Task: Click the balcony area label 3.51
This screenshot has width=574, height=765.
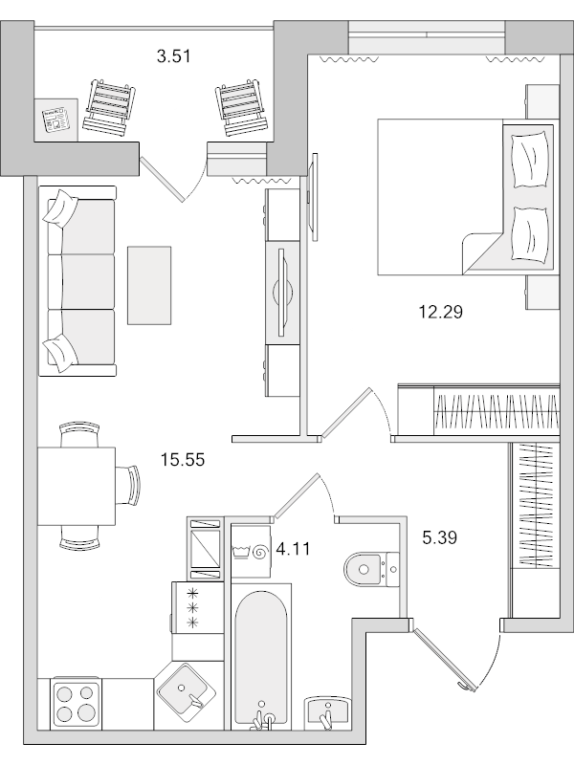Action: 175,55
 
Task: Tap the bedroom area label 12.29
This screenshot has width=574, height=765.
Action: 441,311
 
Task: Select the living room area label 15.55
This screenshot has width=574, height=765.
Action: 185,460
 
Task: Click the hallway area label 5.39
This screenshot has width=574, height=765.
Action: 440,537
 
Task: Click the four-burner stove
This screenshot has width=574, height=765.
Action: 76,702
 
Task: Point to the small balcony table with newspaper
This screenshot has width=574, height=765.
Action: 57,119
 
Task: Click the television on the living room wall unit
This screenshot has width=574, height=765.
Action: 280,291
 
